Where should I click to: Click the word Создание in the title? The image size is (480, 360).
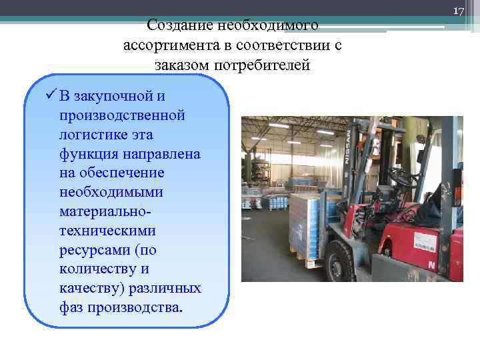pos(177,25)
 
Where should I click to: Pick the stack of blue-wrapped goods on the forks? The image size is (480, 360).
pos(307,223)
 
